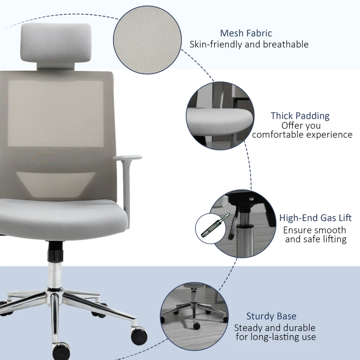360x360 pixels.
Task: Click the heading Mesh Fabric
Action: tap(246, 33)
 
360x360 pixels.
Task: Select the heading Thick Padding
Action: tap(300, 116)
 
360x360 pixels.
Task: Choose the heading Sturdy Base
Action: tap(271, 316)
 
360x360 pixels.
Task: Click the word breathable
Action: tap(285, 45)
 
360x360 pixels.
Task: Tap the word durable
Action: tap(299, 328)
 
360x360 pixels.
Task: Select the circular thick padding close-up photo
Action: tap(219, 114)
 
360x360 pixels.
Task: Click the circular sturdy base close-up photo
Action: tap(193, 315)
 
